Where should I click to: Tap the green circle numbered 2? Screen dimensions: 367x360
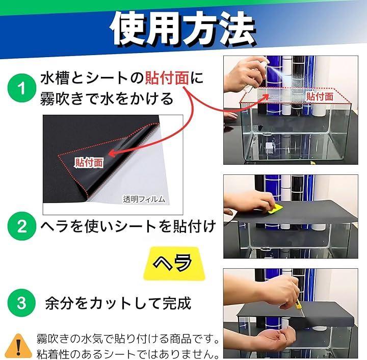[22, 226]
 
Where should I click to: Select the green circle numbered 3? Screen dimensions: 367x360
[22, 302]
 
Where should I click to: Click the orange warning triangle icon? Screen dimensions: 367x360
[18, 346]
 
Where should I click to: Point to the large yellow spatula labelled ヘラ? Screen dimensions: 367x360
[174, 263]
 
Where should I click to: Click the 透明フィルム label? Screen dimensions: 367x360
[144, 199]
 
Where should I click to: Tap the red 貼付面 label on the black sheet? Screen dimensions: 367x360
[89, 163]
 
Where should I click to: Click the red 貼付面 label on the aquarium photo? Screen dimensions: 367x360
[320, 96]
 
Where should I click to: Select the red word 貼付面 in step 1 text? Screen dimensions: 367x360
[167, 78]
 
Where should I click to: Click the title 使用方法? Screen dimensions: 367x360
[183, 29]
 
